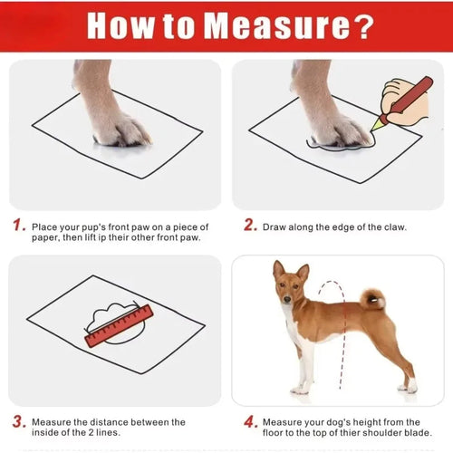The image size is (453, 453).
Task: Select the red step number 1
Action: click(x=17, y=226)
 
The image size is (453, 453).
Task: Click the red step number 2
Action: click(x=250, y=226)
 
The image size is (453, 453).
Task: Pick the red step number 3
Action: click(x=17, y=422)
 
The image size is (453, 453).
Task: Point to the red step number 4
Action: click(x=250, y=422)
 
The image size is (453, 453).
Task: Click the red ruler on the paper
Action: click(x=119, y=326)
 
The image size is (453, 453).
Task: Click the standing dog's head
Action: click(x=289, y=282)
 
